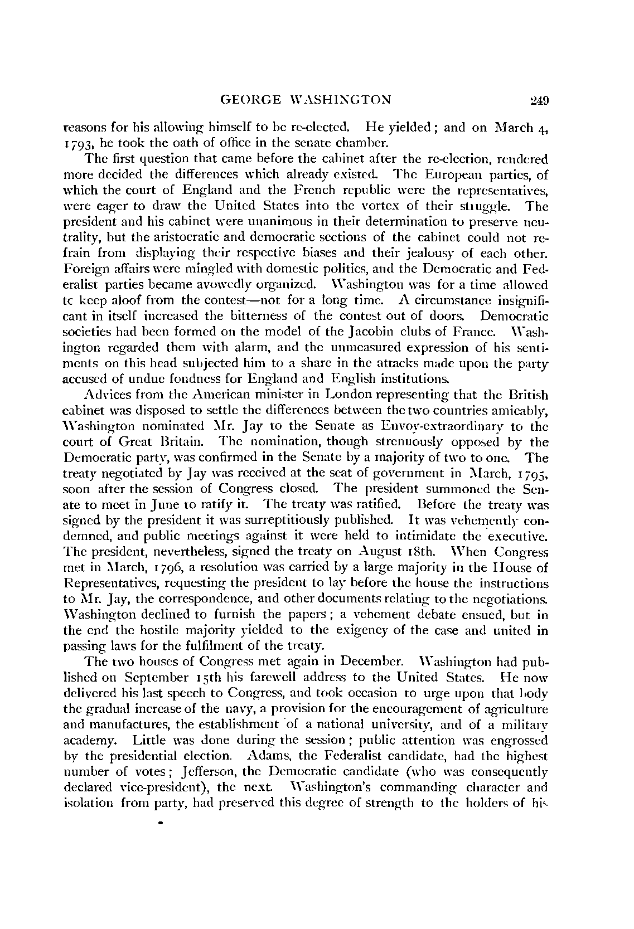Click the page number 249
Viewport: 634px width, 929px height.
coord(540,100)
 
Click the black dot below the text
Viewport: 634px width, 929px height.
coord(161,822)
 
